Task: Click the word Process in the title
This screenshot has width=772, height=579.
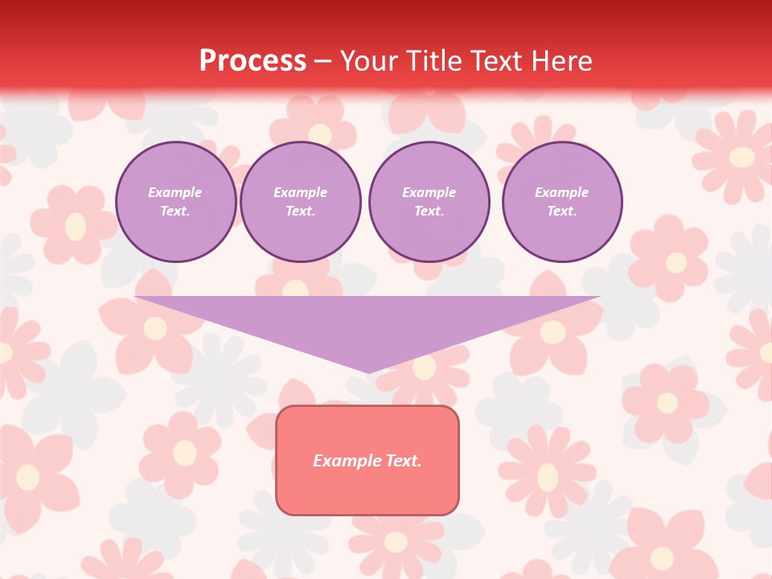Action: point(253,61)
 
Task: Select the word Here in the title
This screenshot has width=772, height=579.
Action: point(561,61)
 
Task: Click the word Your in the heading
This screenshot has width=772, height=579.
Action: point(371,61)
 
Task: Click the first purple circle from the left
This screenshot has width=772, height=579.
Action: point(176,202)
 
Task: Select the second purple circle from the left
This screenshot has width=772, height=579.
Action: point(301,202)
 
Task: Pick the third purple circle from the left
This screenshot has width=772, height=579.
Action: point(429,202)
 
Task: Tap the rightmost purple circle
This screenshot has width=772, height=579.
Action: point(562,202)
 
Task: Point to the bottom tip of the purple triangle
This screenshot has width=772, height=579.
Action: point(368,372)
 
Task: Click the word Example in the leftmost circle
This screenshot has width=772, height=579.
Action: point(175,192)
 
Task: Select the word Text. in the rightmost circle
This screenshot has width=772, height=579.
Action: point(562,211)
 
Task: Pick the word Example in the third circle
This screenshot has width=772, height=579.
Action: point(429,192)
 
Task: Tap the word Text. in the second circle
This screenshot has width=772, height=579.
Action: point(301,211)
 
